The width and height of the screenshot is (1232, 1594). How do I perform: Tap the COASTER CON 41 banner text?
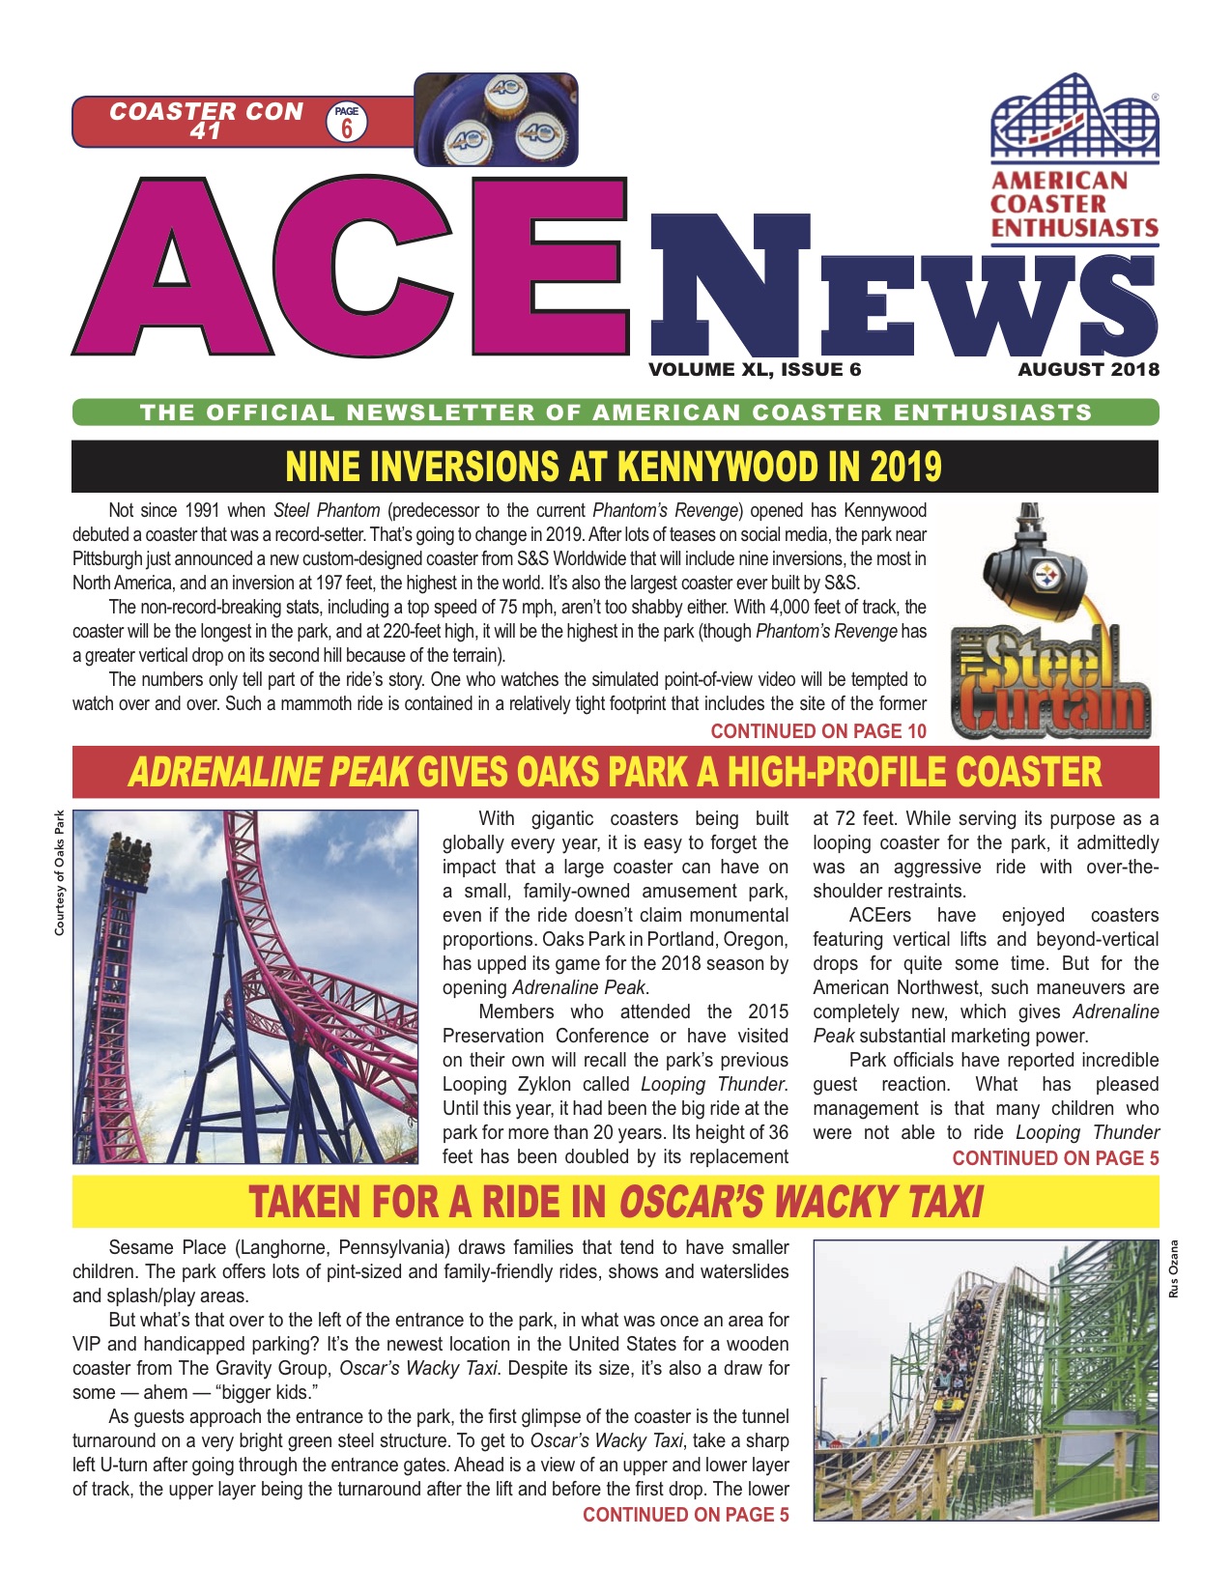tap(206, 121)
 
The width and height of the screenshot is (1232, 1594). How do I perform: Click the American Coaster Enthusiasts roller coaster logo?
tap(1074, 120)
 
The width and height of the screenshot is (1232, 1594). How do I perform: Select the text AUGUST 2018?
tap(1088, 369)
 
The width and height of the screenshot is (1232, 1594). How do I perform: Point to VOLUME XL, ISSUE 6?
tap(755, 369)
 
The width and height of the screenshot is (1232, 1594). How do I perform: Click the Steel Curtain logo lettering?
tap(1050, 682)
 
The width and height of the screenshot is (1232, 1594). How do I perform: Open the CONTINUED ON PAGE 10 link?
tap(817, 731)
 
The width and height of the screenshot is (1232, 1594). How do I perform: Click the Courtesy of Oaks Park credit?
tap(59, 872)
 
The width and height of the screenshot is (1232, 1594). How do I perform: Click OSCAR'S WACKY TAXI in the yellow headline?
tap(800, 1203)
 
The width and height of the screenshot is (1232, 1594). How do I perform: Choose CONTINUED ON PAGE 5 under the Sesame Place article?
tap(685, 1515)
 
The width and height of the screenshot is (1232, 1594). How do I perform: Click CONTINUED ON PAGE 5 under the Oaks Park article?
tap(1055, 1157)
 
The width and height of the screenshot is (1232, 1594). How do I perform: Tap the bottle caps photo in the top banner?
tap(496, 119)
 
